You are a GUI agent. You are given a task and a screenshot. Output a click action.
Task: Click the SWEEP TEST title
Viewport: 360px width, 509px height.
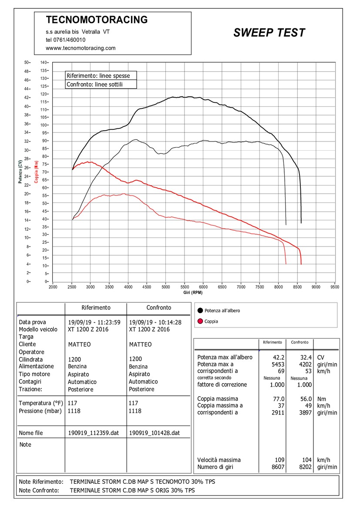pos(269,33)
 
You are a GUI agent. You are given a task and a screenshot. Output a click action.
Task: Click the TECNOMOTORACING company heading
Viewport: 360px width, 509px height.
pos(97,20)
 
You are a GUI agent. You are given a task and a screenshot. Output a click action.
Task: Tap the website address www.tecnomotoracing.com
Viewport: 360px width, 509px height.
pos(81,48)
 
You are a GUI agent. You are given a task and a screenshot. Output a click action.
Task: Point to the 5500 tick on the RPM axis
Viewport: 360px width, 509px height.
pos(184,287)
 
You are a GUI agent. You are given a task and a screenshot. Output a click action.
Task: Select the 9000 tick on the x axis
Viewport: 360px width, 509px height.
pos(316,287)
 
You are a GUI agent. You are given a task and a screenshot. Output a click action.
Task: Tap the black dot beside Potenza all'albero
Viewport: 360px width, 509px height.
pos(200,310)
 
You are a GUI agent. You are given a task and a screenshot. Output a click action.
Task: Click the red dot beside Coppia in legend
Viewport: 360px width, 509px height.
pos(200,321)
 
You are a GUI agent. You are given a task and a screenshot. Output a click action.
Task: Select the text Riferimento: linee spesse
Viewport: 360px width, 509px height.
pos(98,76)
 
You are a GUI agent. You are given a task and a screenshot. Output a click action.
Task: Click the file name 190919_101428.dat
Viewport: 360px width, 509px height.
pos(154,433)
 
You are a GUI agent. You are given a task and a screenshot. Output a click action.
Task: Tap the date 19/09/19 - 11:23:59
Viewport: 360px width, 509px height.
pos(94,323)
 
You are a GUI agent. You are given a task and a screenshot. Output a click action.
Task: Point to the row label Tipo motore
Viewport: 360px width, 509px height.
pos(34,374)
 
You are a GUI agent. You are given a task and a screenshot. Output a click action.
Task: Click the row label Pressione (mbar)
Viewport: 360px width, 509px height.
pos(40,411)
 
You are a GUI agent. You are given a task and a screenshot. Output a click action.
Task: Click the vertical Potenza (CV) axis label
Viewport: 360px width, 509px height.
pos(20,172)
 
